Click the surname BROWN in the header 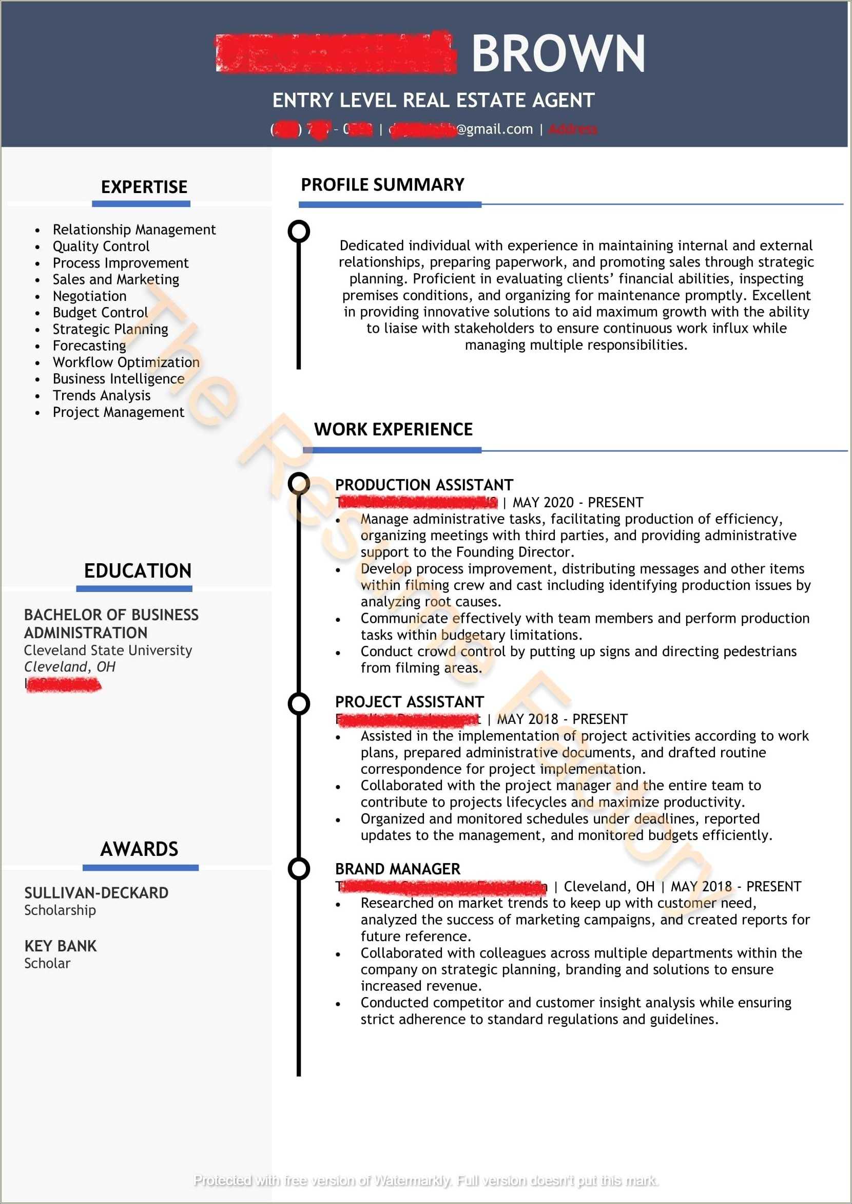[558, 53]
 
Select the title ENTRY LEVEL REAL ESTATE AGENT [433, 100]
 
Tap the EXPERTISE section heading [144, 187]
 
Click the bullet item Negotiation [90, 296]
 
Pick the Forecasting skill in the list [90, 346]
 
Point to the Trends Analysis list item [102, 396]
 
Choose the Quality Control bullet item [101, 246]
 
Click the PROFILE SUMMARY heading [382, 185]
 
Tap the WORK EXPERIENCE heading [394, 429]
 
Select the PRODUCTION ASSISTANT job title [424, 485]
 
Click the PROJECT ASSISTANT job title [409, 702]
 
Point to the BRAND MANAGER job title [398, 869]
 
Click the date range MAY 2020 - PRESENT [577, 503]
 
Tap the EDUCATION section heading [138, 571]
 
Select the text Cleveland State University [108, 651]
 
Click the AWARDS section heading [140, 849]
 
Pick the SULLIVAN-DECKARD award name [96, 893]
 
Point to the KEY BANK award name [61, 946]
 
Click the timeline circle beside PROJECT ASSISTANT [299, 704]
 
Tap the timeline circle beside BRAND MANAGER [299, 869]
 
